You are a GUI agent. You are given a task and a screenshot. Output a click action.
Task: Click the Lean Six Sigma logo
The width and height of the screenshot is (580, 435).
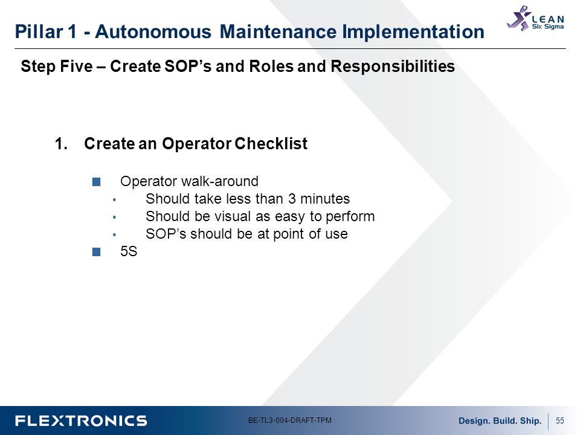[x=535, y=19]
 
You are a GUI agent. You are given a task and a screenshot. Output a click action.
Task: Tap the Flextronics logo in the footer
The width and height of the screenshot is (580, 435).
[x=81, y=421]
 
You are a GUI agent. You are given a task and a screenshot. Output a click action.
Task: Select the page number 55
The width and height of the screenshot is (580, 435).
[x=559, y=420]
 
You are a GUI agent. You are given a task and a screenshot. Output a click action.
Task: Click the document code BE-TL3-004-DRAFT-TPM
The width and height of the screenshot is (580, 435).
[x=289, y=420]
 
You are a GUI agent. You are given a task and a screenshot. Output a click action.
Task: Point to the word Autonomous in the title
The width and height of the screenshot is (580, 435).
[x=153, y=31]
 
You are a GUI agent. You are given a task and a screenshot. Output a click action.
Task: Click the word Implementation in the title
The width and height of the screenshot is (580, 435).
[x=413, y=31]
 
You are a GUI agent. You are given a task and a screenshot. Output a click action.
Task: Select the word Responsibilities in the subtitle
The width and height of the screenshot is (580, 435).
[x=393, y=66]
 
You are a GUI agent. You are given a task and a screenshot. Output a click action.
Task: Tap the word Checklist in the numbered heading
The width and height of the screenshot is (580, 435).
[x=271, y=144]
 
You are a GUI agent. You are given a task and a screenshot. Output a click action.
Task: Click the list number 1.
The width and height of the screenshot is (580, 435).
[x=61, y=144]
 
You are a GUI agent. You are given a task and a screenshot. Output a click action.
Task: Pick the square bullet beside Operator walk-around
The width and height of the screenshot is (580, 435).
[x=96, y=182]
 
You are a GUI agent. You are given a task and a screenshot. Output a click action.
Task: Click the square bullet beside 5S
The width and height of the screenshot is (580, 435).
[x=96, y=251]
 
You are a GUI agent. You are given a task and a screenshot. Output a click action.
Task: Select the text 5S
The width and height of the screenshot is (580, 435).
[x=129, y=251]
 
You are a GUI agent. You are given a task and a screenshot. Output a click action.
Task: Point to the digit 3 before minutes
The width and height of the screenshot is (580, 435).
[x=292, y=199]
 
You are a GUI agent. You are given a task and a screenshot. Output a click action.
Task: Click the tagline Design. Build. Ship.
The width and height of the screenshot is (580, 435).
[x=500, y=421]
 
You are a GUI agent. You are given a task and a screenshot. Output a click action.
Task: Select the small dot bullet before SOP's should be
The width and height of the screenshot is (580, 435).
[x=115, y=234]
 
